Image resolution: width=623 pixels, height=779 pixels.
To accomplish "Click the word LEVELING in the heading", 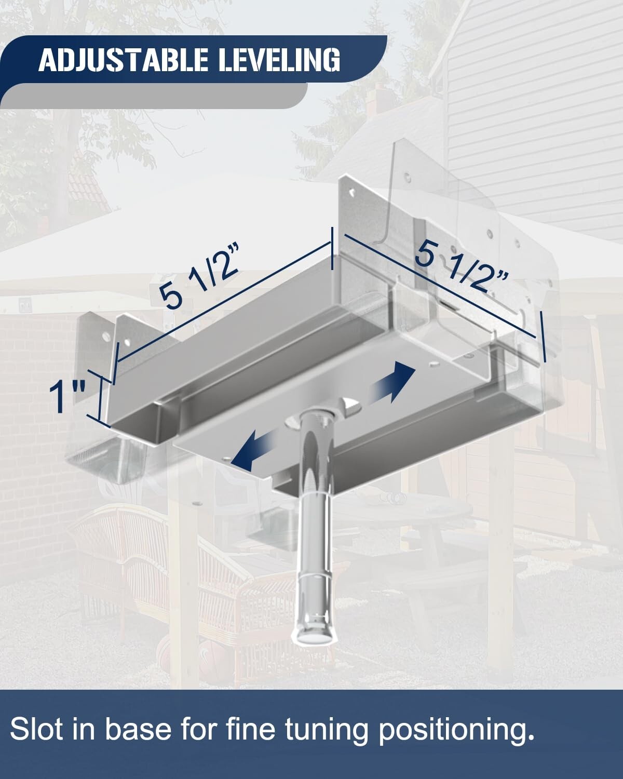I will point(279,60).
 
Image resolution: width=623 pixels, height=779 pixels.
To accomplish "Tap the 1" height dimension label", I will point(68,396).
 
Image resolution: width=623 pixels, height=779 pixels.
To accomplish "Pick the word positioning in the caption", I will point(456,730).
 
